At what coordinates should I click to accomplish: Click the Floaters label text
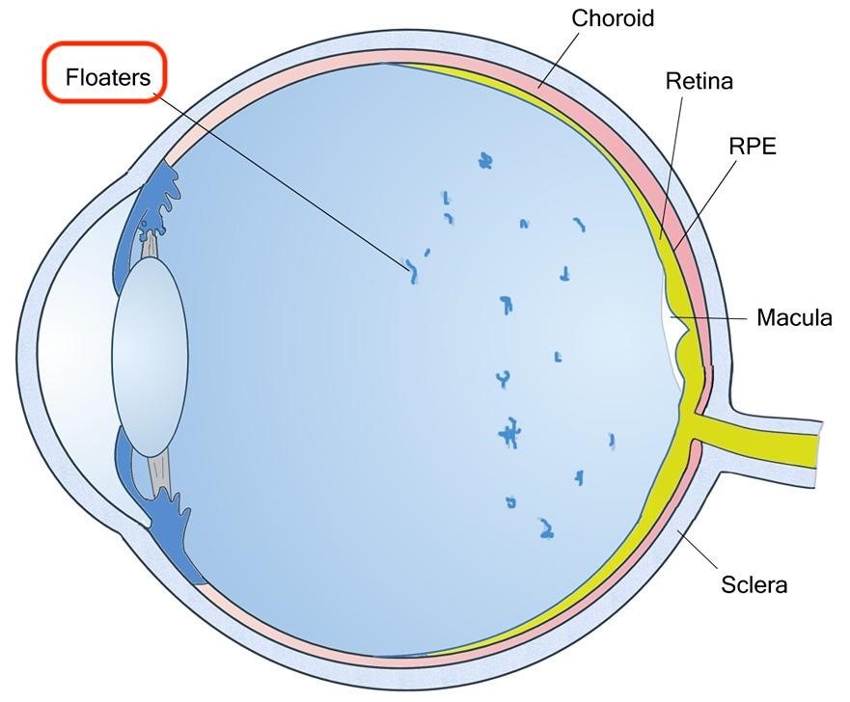coord(107,77)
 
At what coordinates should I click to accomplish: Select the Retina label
coord(699,81)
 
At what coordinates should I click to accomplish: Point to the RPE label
coord(753,146)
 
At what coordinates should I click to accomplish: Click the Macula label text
coord(793,317)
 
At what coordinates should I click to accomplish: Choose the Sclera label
coord(754,583)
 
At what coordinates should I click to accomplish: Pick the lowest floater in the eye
coord(547,527)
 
